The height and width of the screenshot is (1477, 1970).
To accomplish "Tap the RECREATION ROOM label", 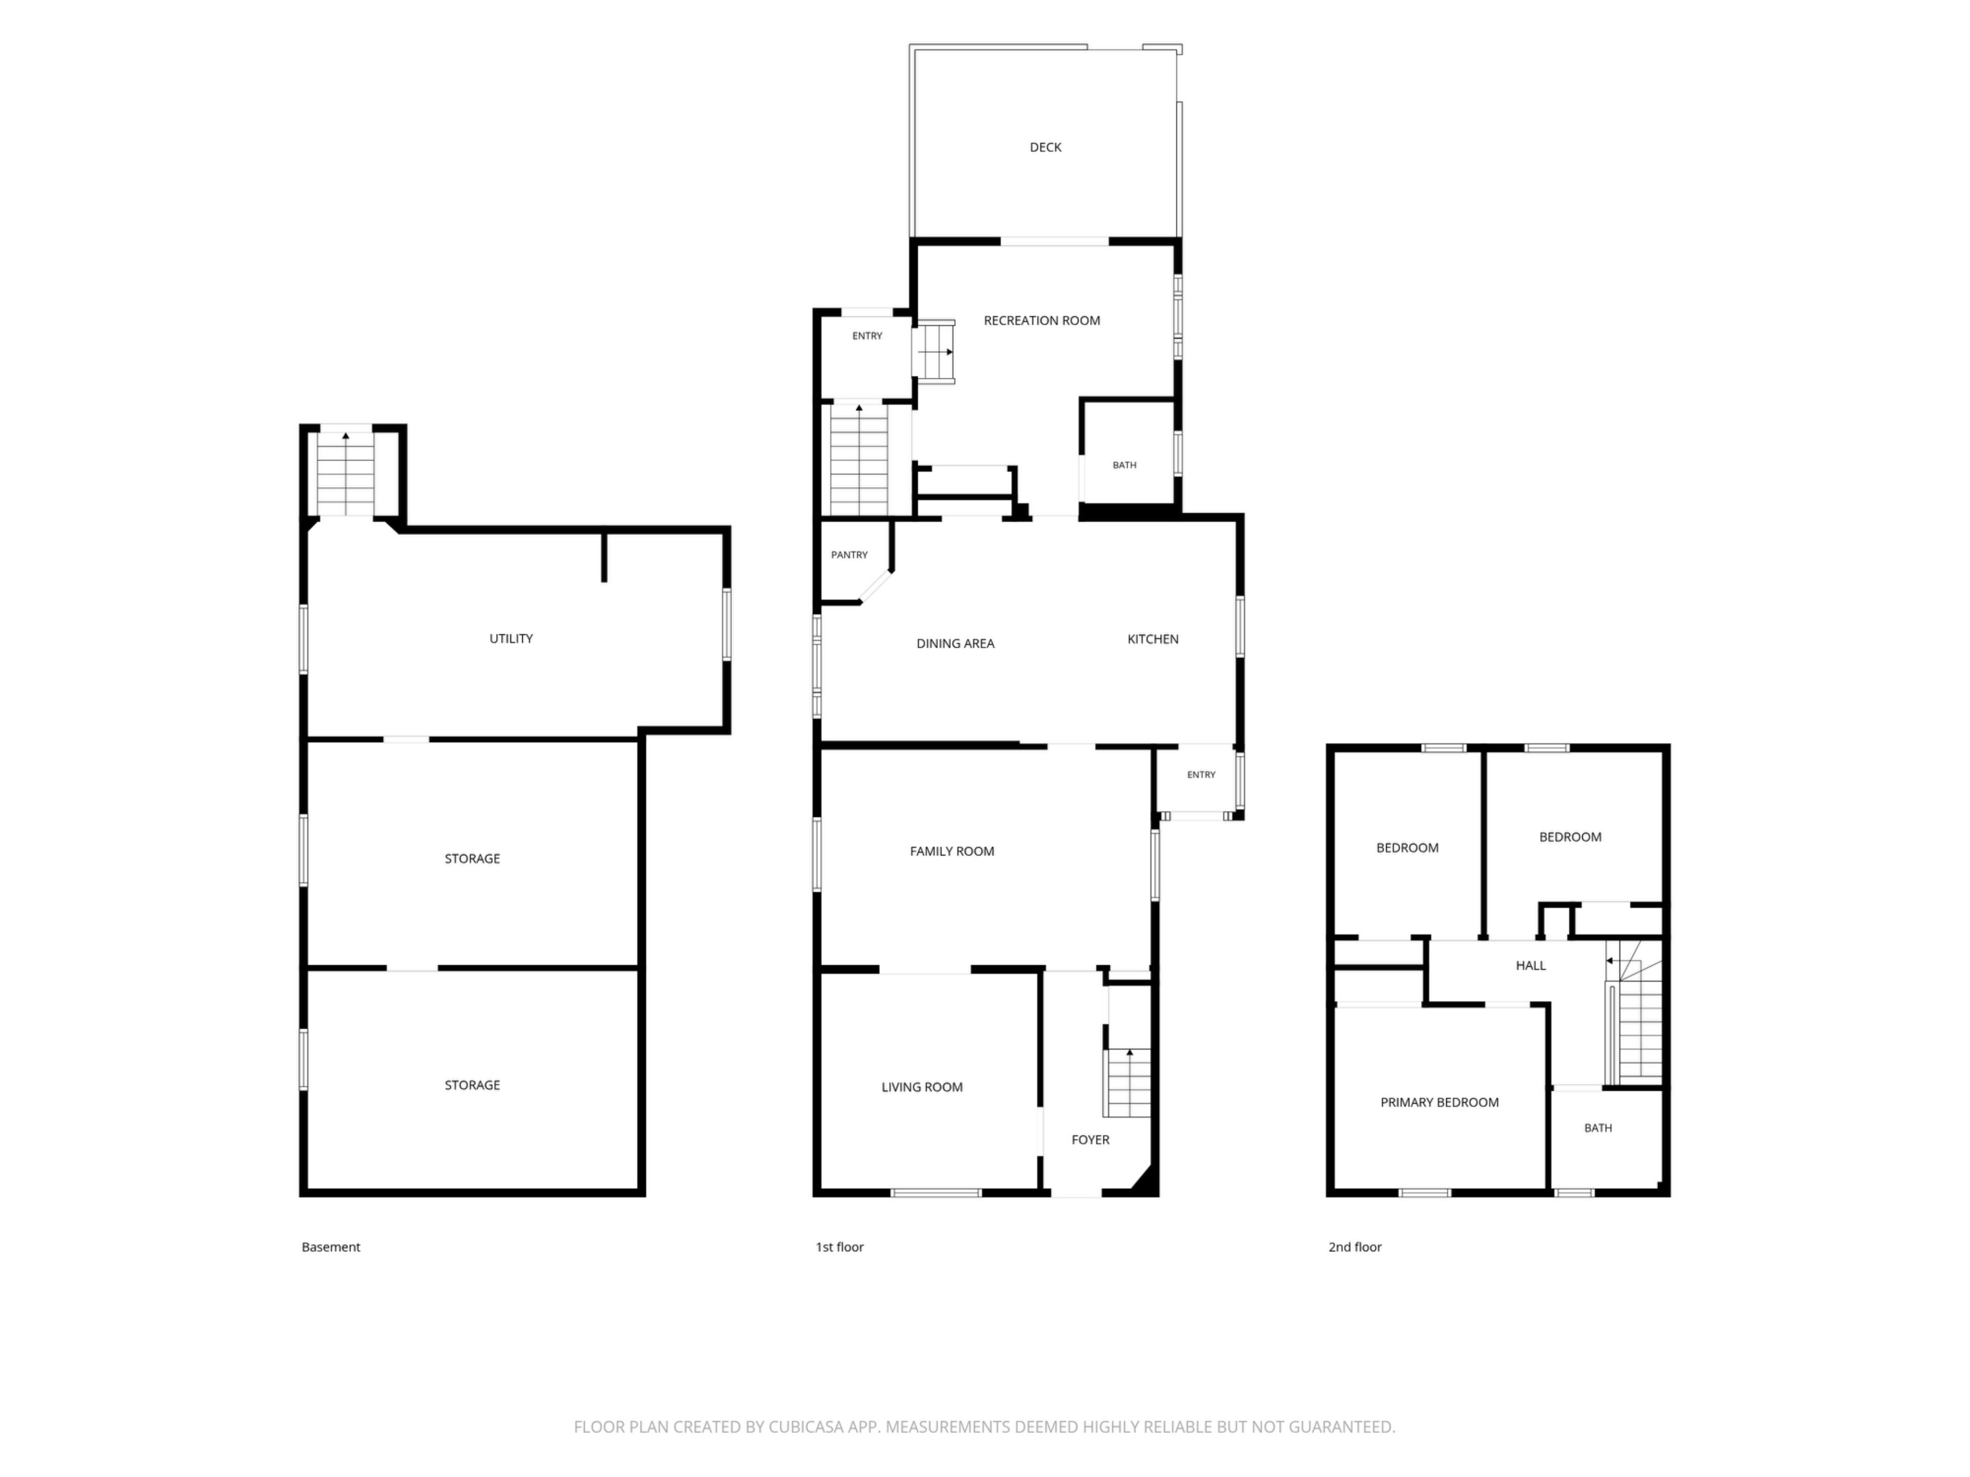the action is tap(1042, 321).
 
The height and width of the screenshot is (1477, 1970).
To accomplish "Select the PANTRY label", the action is tap(849, 555).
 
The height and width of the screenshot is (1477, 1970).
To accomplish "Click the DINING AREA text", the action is tap(956, 644).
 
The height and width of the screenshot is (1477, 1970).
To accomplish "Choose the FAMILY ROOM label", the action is tap(952, 852).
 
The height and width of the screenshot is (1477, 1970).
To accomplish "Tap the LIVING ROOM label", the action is tap(922, 1088).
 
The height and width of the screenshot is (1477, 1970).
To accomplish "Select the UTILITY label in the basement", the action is tap(511, 639).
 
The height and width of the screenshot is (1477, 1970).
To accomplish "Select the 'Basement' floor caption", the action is tap(330, 1247).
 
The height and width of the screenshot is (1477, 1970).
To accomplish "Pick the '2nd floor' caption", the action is tap(1354, 1247).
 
